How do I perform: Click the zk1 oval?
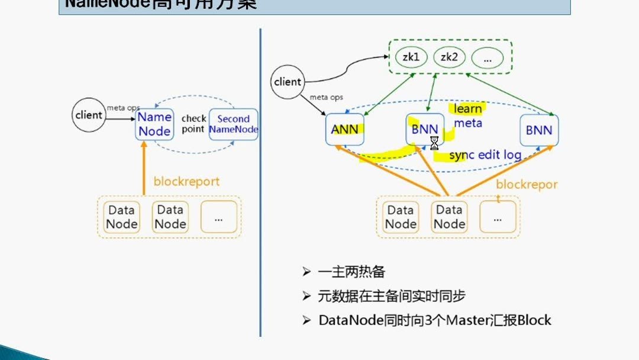(x=411, y=57)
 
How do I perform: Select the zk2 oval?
(x=450, y=57)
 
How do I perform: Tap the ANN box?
(x=345, y=130)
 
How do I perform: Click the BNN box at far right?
(x=539, y=130)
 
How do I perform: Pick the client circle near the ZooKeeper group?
(x=288, y=82)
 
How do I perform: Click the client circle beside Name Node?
(x=89, y=114)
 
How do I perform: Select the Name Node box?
(x=154, y=124)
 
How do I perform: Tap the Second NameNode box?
(x=233, y=124)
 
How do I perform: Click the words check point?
(x=193, y=124)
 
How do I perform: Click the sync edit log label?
(x=485, y=155)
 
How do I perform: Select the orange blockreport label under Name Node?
(x=186, y=181)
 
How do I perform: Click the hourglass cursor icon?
(x=434, y=143)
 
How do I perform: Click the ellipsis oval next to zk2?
(x=488, y=58)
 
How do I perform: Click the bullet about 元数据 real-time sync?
(x=387, y=296)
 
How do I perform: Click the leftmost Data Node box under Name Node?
(x=122, y=217)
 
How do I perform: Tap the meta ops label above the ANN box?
(x=326, y=97)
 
